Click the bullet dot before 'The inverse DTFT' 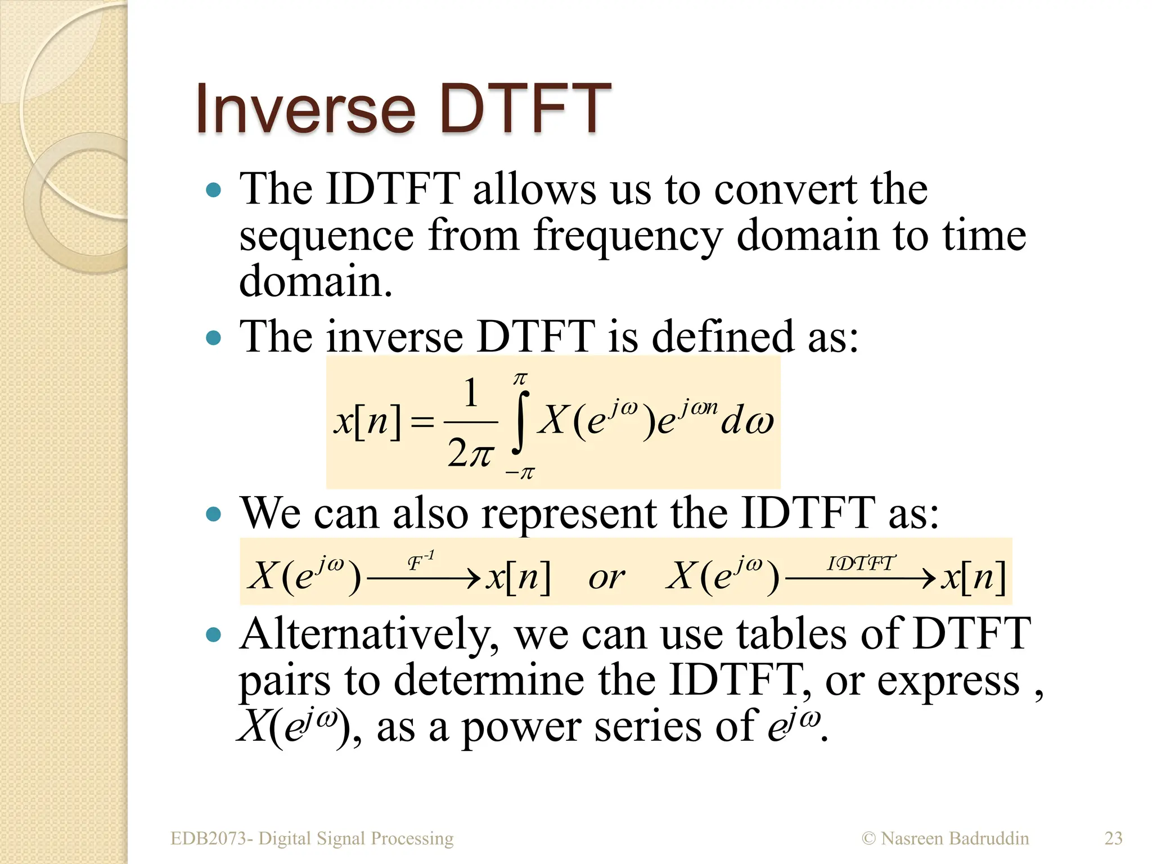(214, 338)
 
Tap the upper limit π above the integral (520, 379)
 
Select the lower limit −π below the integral (520, 473)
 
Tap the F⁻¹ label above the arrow (420, 561)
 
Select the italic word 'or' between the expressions (606, 578)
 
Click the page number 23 (1113, 838)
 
